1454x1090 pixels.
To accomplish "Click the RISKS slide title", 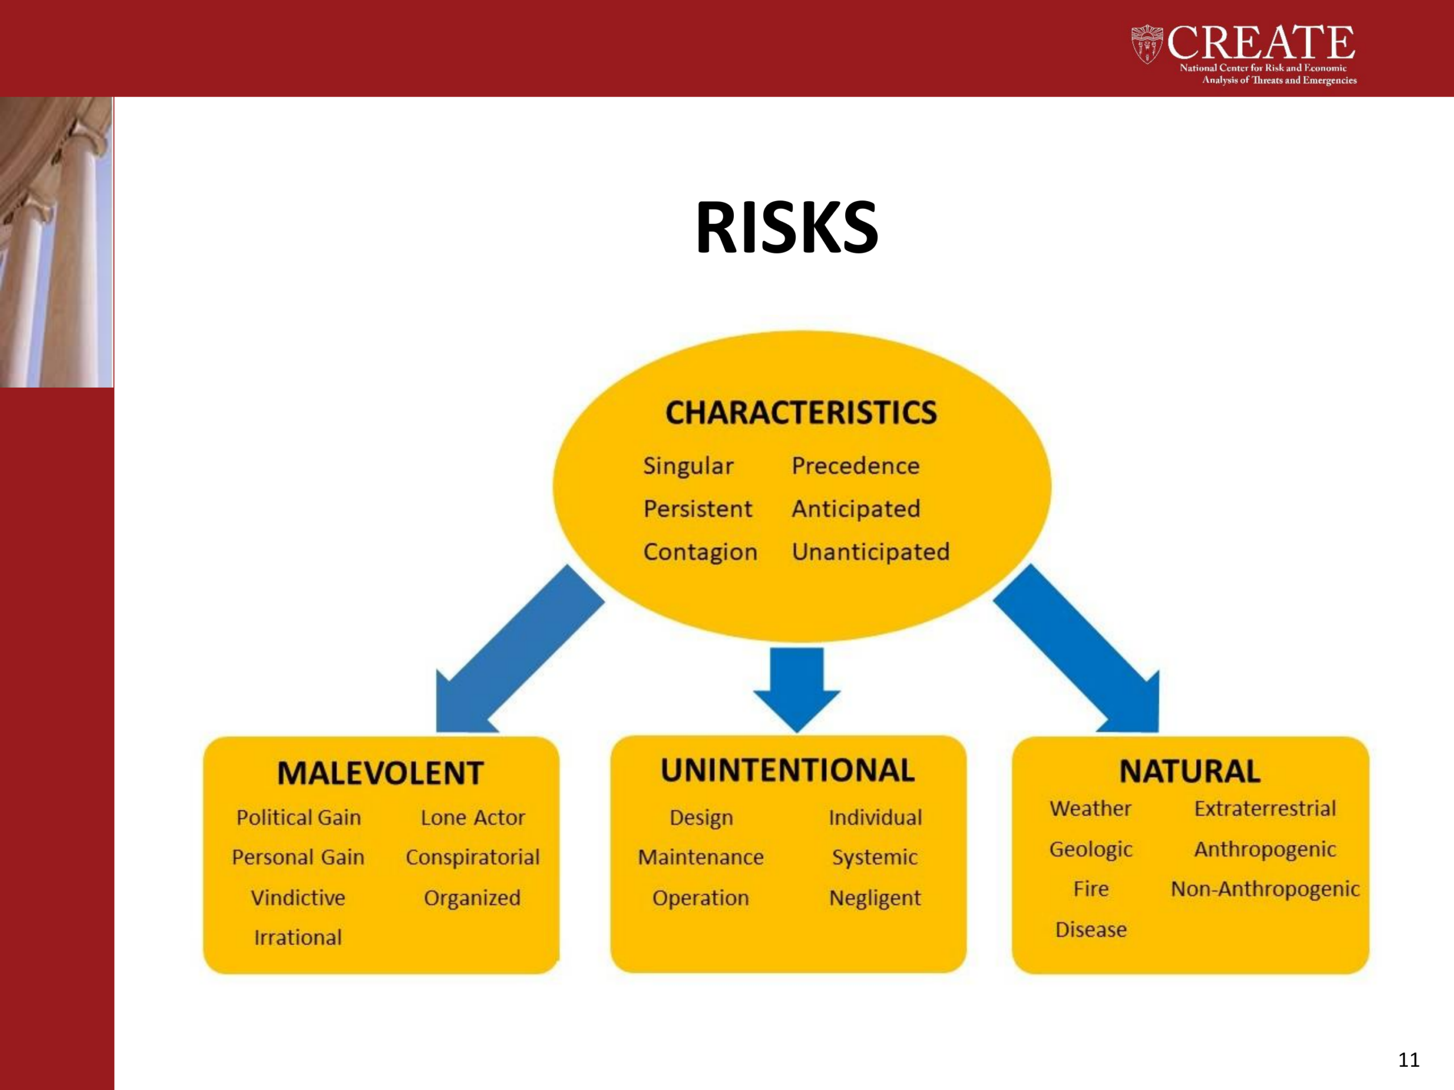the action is pos(787,227).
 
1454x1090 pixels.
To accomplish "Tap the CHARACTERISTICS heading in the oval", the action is pos(801,413).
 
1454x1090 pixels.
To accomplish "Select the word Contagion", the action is pos(700,552).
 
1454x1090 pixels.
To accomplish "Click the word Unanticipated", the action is pos(870,552).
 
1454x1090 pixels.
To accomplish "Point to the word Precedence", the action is pos(855,466).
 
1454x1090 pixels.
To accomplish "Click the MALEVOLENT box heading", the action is pos(381,773).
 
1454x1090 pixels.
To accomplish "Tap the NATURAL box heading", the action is pos(1190,772).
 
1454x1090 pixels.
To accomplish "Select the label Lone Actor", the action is pos(473,817).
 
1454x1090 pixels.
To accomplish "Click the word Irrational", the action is pos(298,938).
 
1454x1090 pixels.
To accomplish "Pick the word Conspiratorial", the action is pos(473,857).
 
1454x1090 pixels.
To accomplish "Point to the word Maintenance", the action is pos(701,857).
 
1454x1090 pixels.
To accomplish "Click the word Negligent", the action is pos(875,898).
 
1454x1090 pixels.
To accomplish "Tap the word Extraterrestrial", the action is pos(1265,808).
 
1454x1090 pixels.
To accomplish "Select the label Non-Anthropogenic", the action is pos(1265,889).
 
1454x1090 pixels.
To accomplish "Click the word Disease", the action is pos(1090,930).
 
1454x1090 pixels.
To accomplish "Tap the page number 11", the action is pos(1409,1060).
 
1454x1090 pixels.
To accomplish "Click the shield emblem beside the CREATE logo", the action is pos(1147,44).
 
